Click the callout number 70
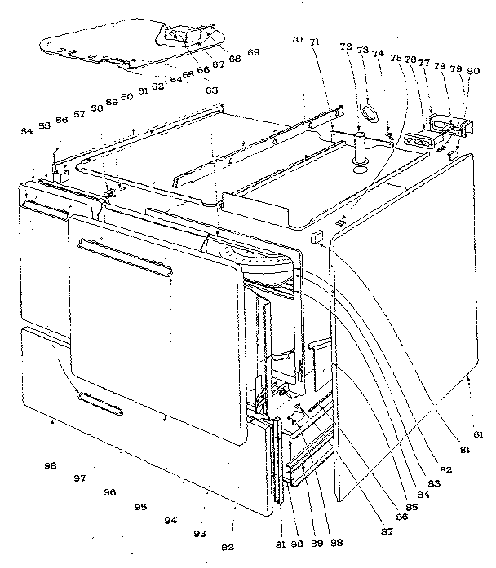(295, 38)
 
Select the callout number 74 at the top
(378, 53)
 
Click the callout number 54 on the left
(27, 131)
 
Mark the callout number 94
(170, 520)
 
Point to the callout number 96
(110, 492)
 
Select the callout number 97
(79, 478)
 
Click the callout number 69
(254, 52)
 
